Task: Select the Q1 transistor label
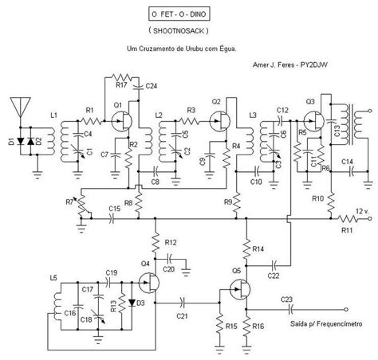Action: (x=116, y=105)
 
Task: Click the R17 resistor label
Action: (x=121, y=84)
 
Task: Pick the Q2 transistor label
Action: (x=215, y=103)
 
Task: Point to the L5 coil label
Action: (x=53, y=277)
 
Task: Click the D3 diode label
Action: (x=140, y=303)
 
